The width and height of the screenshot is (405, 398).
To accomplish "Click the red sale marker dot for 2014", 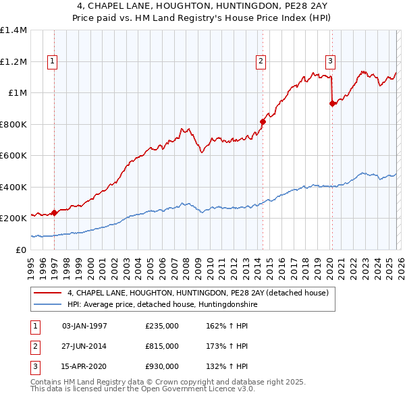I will tap(263, 122).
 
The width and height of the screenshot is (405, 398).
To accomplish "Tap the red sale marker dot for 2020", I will tap(332, 104).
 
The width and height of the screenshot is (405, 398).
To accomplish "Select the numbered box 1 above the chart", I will tap(53, 61).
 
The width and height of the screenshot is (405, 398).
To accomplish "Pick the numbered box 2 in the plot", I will tap(261, 61).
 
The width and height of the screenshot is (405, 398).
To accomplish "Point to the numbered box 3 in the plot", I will tap(331, 61).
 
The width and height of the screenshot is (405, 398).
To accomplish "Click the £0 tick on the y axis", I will tap(20, 250).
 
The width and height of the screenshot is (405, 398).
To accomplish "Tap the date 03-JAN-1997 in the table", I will tap(84, 326).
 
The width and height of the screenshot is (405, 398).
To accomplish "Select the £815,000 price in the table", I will tap(162, 346).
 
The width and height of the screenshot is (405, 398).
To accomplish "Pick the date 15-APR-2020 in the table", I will tap(84, 366).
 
